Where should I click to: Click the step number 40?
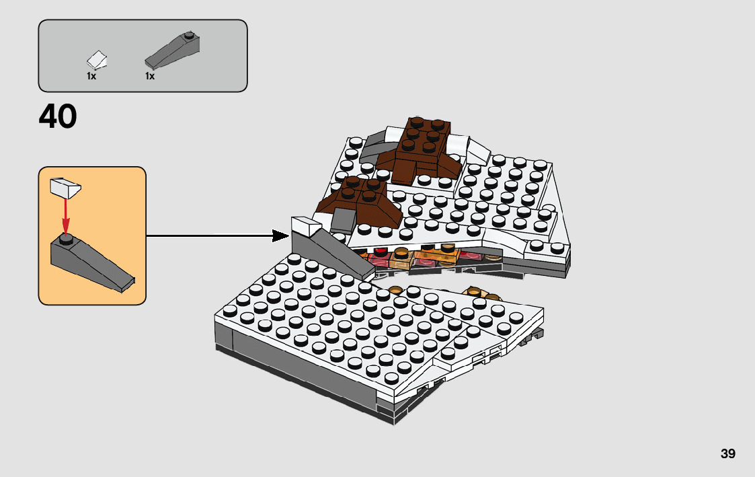pos(58,117)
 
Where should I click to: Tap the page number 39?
pos(727,453)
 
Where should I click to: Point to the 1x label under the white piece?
pos(91,76)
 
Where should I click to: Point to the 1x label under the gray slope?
pos(150,76)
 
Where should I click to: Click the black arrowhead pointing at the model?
pos(280,235)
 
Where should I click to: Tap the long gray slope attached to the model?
pos(340,256)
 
